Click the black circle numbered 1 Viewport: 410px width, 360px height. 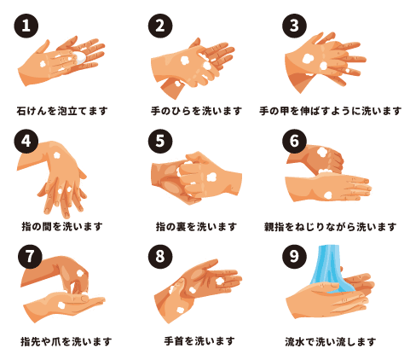point(26,26)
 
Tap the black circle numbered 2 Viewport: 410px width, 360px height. point(160,26)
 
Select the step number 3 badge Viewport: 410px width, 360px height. point(294,26)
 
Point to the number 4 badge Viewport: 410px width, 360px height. point(26,141)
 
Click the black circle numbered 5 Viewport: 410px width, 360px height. point(160,141)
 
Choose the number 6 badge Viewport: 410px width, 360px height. point(294,141)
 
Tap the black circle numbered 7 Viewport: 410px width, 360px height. point(30,256)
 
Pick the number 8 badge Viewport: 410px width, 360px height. point(160,256)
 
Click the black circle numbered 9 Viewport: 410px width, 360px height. point(294,256)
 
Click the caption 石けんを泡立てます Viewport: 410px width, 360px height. point(62,111)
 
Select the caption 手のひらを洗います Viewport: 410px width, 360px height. point(196,111)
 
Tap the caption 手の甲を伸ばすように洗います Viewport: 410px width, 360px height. point(331,111)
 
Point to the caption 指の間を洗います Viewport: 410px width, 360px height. point(62,227)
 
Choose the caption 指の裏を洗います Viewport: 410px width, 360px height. point(196,227)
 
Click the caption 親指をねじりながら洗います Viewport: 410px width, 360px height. point(331,227)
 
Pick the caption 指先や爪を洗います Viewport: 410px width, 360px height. point(66,341)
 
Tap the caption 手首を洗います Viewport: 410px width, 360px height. point(199,341)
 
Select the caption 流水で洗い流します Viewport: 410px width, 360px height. point(331,341)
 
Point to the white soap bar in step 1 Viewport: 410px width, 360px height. point(80,57)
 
